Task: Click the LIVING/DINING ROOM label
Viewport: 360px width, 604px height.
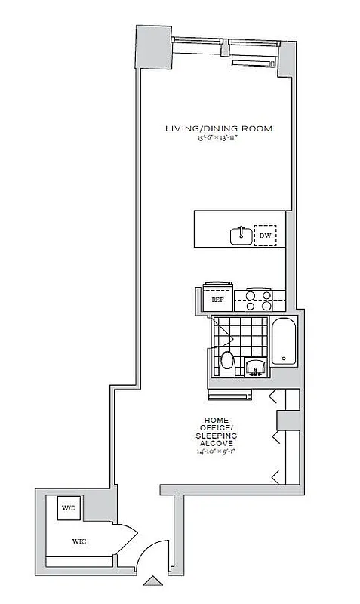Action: point(219,129)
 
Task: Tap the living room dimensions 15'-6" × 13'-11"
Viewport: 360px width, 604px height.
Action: point(219,138)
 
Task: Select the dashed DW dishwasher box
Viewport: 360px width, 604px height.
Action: point(265,236)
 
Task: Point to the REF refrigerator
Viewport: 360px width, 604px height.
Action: point(217,298)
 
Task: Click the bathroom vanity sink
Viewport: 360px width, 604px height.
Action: point(256,368)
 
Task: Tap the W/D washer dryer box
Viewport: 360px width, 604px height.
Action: point(70,507)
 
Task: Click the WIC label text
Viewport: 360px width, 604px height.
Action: point(80,541)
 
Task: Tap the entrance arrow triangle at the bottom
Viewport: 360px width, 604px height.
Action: point(153,582)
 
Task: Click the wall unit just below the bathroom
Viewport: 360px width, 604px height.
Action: point(229,393)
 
